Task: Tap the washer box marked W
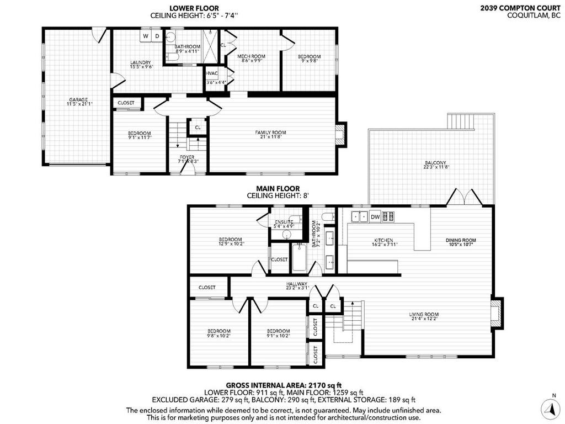pos(146,36)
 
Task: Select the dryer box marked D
pos(157,36)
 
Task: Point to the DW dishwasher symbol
pos(375,217)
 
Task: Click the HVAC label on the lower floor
pos(211,73)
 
